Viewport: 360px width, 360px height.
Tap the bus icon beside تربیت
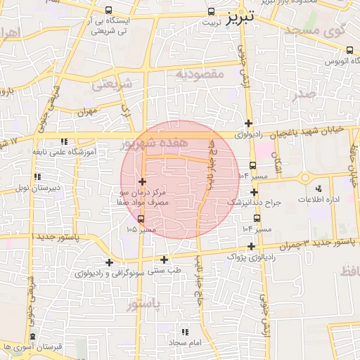point(212,12)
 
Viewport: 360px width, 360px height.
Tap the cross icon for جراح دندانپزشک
point(255,192)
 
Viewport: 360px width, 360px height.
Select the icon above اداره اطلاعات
point(319,188)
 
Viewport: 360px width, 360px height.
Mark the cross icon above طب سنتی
point(165,259)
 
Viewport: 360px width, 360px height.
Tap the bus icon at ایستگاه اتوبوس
point(350,50)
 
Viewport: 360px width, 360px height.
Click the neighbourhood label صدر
point(307,94)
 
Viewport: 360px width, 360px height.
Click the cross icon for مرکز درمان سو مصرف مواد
point(142,182)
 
